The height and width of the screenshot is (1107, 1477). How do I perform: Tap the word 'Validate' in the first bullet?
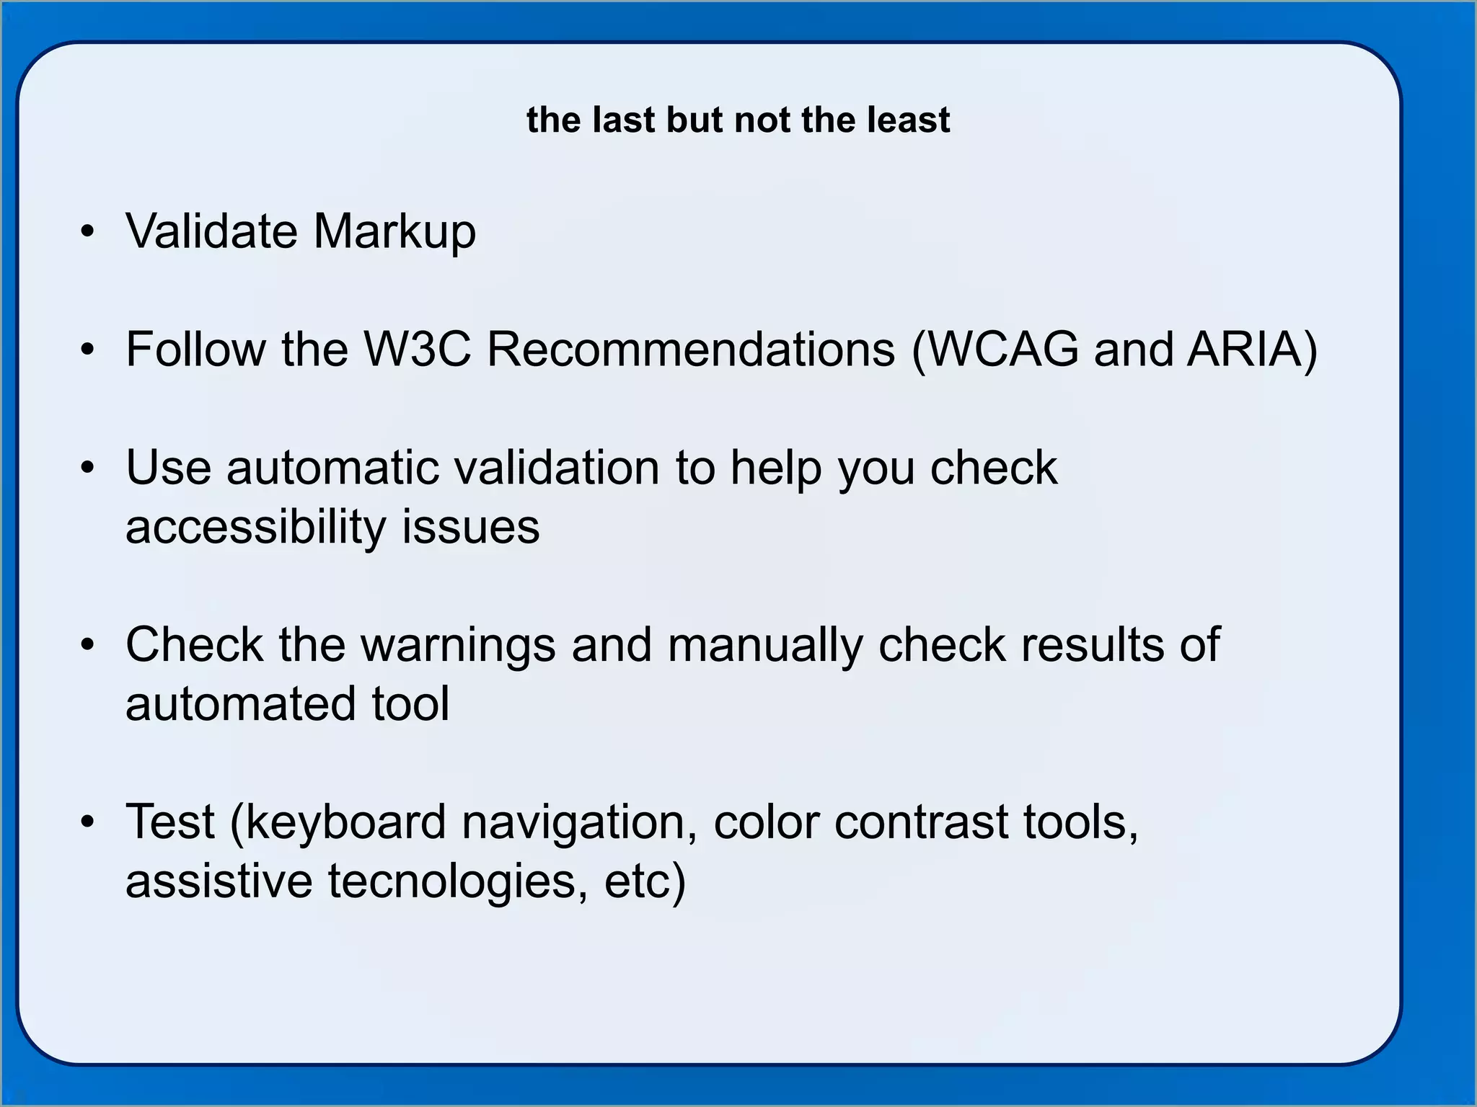coord(211,231)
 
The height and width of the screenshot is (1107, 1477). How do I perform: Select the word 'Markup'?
coord(394,233)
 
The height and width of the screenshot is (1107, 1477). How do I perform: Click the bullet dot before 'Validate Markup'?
coord(88,232)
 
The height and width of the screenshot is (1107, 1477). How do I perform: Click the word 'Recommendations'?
coord(691,350)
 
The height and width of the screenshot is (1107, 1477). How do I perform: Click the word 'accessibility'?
coord(255,527)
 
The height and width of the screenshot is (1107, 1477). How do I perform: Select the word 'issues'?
coord(470,527)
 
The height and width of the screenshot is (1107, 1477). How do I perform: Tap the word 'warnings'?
coord(458,645)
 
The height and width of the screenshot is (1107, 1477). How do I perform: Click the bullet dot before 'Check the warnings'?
coord(88,645)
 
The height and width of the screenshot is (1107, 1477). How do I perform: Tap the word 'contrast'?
coord(921,822)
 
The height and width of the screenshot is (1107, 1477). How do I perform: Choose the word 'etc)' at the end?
coord(645,881)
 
